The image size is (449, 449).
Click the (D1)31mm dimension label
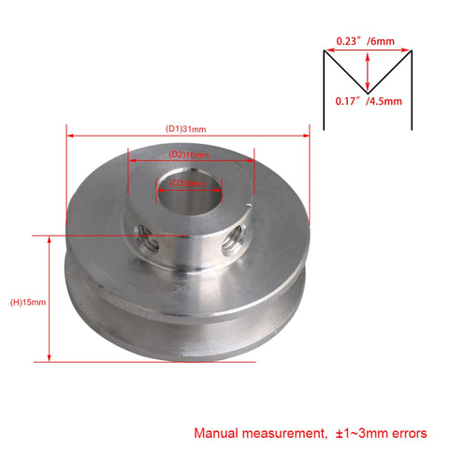[x=187, y=128]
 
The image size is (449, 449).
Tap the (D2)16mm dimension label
[x=188, y=153]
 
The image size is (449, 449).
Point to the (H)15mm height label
[x=28, y=302]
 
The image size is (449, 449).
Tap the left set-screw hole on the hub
[x=147, y=239]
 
